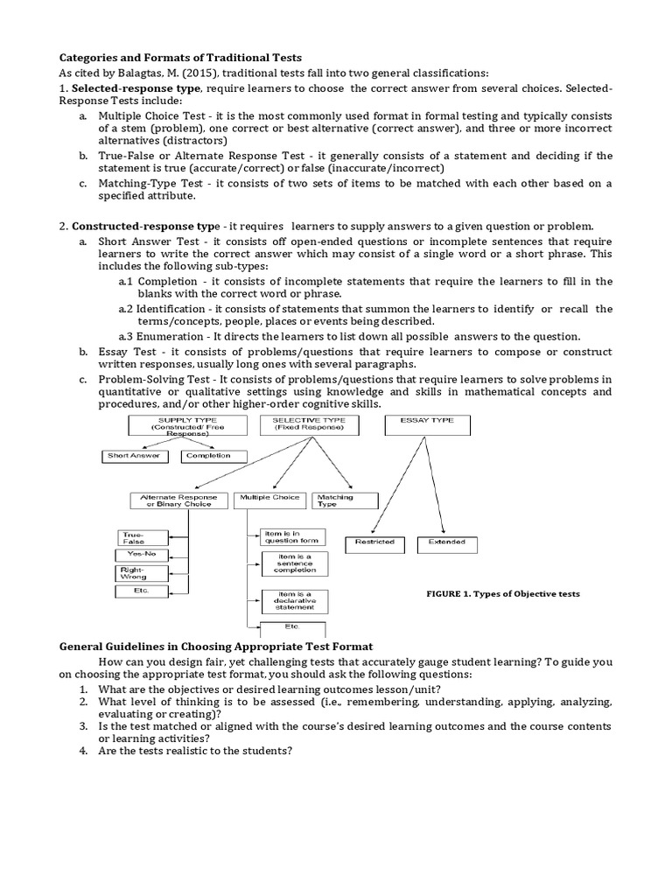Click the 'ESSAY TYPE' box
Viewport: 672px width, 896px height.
tap(427, 425)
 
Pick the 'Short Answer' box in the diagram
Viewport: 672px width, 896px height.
tap(134, 456)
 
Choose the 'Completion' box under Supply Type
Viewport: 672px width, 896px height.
tap(213, 456)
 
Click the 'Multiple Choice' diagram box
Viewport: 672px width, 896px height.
tap(267, 500)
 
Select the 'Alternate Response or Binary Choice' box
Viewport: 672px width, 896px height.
tap(178, 500)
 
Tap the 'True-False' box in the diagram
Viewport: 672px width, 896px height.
tap(134, 537)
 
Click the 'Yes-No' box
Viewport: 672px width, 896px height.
tap(134, 555)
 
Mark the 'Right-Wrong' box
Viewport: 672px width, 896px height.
tap(134, 573)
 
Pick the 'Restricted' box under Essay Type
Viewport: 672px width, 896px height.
tap(374, 542)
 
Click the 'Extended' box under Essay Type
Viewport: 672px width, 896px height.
tap(446, 542)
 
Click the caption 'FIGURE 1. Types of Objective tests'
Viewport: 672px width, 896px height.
tap(502, 594)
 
